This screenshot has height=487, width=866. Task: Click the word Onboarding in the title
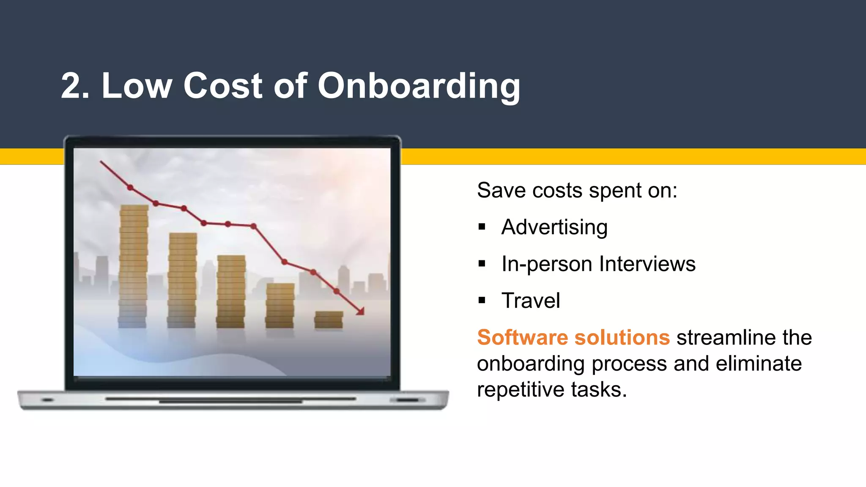419,86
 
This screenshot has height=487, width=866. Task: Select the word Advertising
554,227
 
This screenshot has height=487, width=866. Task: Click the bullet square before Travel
482,301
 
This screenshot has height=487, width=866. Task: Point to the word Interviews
647,264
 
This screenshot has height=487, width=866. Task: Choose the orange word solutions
622,338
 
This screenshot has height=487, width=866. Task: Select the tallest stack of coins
134,266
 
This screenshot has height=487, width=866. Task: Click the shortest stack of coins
329,320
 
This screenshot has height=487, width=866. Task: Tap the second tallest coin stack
182,280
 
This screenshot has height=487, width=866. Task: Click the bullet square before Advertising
482,227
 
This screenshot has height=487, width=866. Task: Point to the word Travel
531,301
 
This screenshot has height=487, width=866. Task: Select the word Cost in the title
223,86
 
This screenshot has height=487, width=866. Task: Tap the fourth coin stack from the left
280,305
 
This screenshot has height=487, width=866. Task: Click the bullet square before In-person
482,264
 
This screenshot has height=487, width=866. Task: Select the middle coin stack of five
231,291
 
